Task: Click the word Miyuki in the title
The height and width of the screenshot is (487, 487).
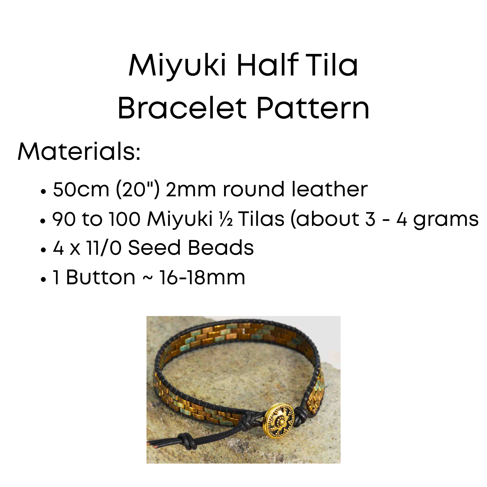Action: (x=177, y=65)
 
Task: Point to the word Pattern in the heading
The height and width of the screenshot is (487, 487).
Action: (x=313, y=108)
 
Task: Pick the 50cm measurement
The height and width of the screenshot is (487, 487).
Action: (x=81, y=189)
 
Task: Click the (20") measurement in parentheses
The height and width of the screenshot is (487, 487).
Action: (x=138, y=189)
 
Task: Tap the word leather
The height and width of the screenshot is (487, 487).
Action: (x=329, y=189)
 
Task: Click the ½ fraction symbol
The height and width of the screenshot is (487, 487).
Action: (x=226, y=219)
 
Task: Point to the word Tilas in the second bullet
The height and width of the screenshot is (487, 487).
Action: (x=261, y=219)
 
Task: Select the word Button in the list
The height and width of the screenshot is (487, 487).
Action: (x=100, y=277)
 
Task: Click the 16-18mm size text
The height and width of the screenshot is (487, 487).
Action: (x=202, y=277)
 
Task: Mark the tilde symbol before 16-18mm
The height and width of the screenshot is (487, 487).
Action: (x=148, y=278)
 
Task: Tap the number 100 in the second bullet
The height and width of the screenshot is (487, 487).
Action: (x=125, y=219)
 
